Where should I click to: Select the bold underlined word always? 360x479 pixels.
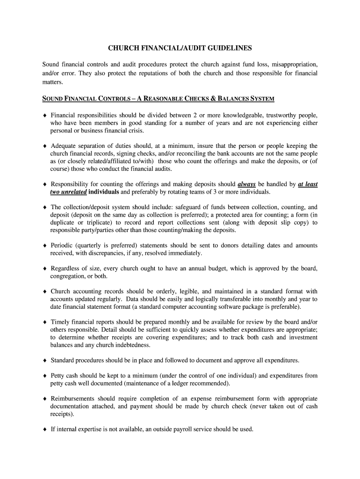[x=246, y=184]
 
